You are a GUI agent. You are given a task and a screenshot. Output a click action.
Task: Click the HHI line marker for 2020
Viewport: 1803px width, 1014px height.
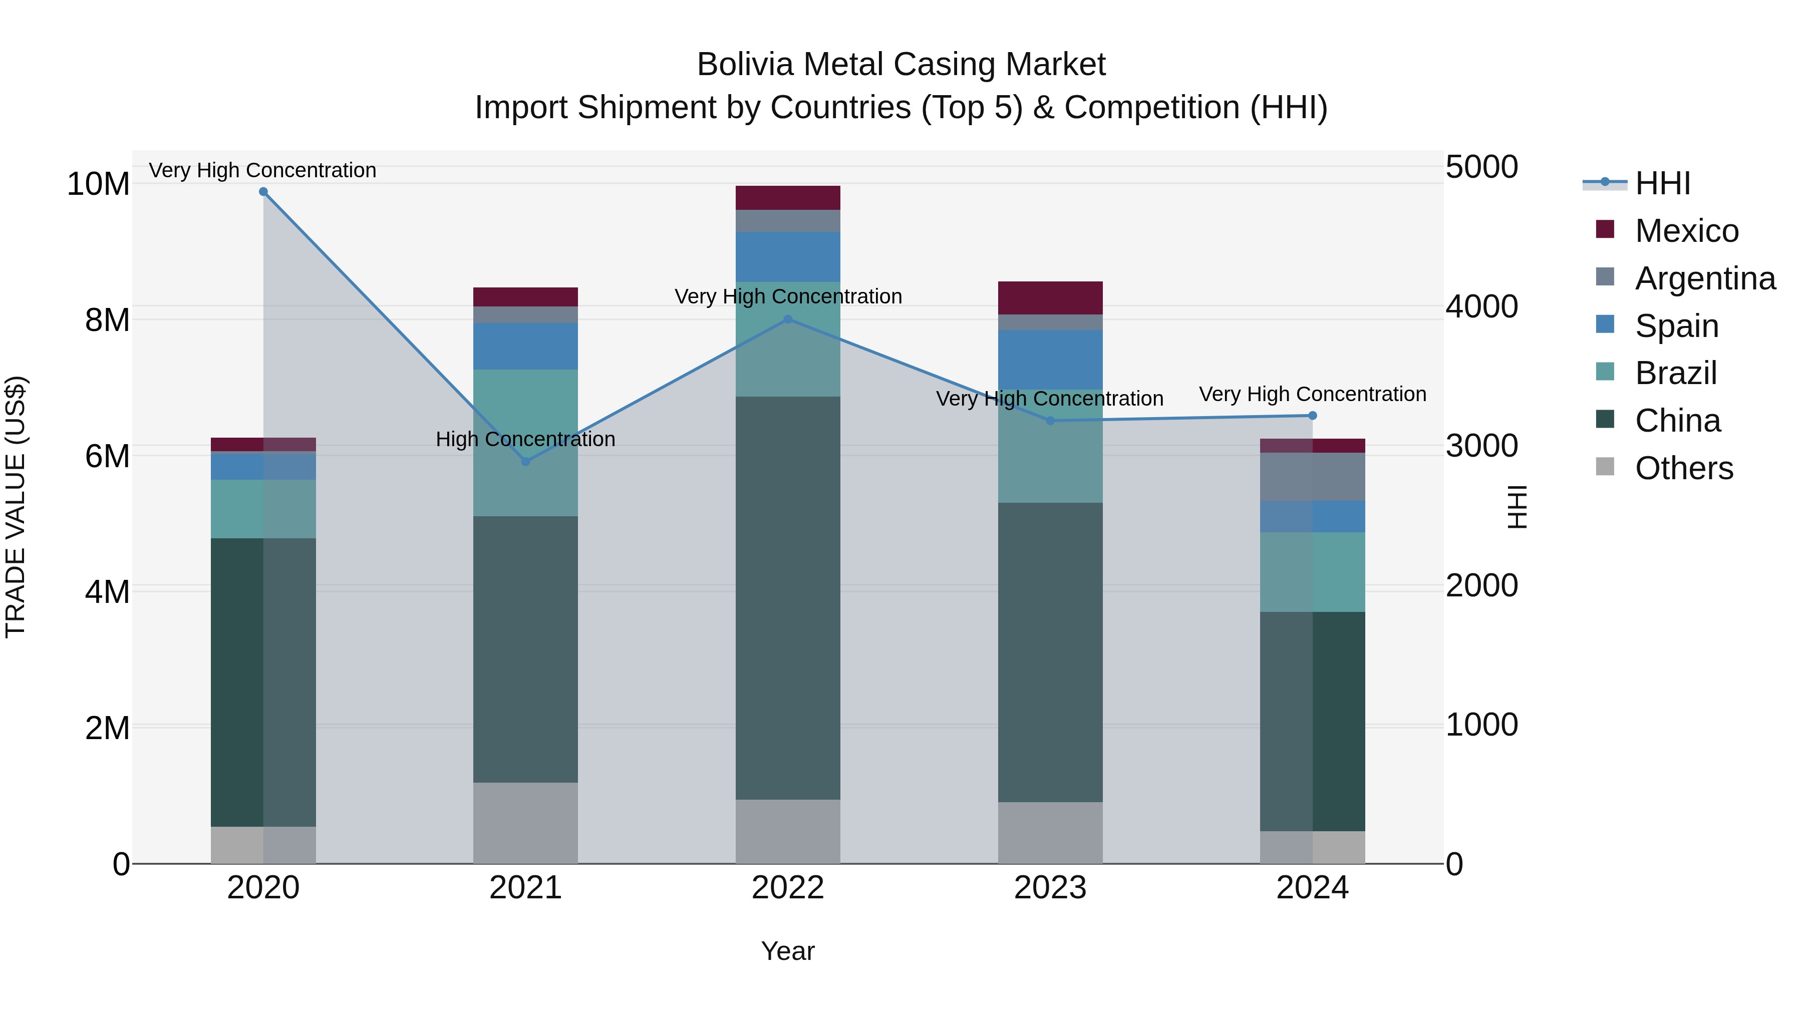click(263, 192)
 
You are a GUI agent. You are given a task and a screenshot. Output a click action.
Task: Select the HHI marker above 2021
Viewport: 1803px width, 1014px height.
click(526, 461)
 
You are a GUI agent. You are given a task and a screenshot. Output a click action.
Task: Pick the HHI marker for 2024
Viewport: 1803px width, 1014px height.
click(1312, 416)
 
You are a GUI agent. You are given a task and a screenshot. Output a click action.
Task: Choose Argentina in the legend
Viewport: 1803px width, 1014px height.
click(1704, 278)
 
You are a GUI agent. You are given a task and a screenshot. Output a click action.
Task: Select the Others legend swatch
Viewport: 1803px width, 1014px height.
click(1605, 467)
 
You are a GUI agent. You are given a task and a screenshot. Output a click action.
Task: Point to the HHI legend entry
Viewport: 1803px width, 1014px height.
click(1662, 183)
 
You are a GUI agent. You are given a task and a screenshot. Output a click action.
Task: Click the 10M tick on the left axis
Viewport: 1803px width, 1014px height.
click(98, 184)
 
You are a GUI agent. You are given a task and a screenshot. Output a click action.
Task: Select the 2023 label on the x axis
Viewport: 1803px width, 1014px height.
click(1050, 888)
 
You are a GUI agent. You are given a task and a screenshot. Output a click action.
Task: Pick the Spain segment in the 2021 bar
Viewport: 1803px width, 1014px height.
click(526, 346)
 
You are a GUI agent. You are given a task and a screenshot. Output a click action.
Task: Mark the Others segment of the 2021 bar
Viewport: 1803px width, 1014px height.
click(526, 822)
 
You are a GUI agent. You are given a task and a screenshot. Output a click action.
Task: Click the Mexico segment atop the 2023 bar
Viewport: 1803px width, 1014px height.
click(1050, 298)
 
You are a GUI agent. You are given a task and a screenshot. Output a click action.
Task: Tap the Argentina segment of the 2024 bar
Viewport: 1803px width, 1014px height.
click(1312, 477)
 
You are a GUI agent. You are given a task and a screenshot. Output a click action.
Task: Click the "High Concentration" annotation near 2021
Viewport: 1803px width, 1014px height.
click(526, 440)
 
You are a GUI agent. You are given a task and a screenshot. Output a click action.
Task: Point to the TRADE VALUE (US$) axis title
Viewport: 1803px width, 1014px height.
click(16, 507)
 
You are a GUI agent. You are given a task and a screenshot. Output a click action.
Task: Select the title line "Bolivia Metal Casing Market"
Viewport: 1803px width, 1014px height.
click(901, 65)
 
